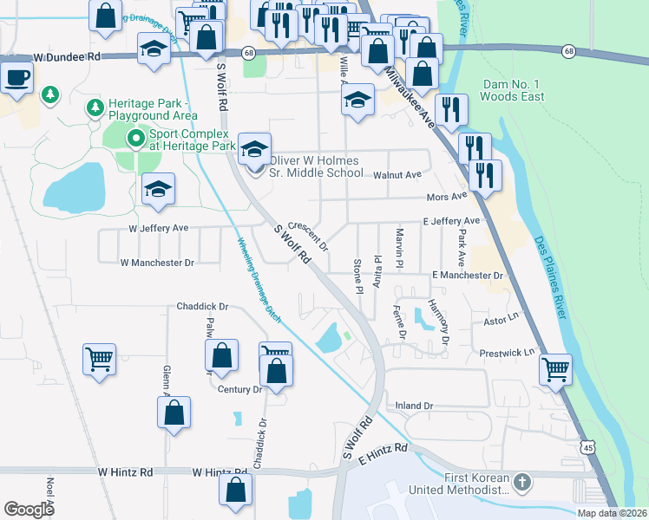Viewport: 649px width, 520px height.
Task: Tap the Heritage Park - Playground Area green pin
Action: [94, 108]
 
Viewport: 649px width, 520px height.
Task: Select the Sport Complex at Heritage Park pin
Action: [134, 139]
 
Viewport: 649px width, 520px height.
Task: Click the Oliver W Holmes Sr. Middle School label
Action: [316, 166]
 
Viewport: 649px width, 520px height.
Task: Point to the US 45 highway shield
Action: [588, 445]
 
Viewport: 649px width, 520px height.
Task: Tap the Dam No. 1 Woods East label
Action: [513, 90]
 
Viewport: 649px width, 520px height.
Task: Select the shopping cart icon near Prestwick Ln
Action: [555, 369]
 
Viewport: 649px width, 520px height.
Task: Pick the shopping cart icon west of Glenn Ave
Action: [100, 359]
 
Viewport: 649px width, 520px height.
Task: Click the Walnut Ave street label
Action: [397, 174]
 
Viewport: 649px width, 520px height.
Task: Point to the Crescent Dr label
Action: [307, 231]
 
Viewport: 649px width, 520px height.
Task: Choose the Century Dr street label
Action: [239, 390]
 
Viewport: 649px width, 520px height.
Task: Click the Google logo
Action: [29, 509]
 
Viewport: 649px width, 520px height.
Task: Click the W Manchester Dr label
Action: [158, 261]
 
